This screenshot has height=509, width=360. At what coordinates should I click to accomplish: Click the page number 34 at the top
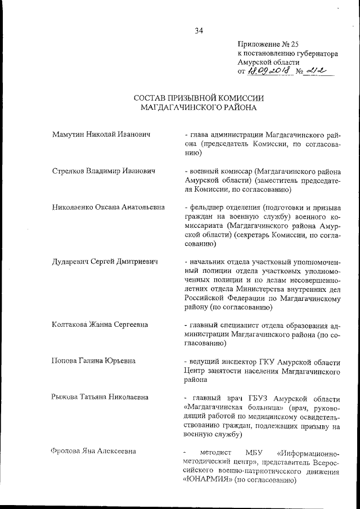pyautogui.click(x=199, y=31)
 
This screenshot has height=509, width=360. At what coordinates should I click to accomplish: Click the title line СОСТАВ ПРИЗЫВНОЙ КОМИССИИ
pyautogui.click(x=199, y=98)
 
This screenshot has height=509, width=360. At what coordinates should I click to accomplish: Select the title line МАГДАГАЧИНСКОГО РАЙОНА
pyautogui.click(x=199, y=108)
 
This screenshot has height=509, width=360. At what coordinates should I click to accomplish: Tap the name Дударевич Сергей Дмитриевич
pyautogui.click(x=103, y=261)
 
